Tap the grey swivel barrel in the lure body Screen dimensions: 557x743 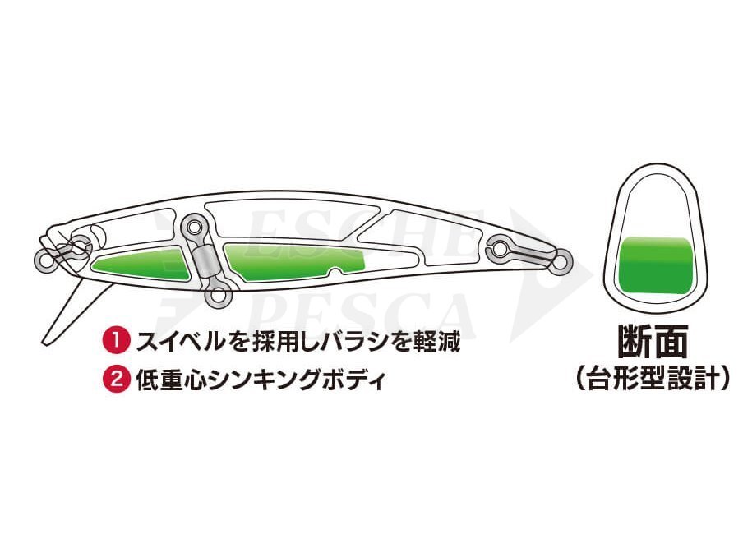pos(205,262)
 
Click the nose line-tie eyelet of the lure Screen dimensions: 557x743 pos(43,261)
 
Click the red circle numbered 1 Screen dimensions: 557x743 pos(113,340)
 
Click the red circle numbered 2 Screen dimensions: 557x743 pos(113,380)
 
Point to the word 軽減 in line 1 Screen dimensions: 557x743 pos(436,340)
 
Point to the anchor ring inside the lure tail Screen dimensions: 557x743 pos(501,246)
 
